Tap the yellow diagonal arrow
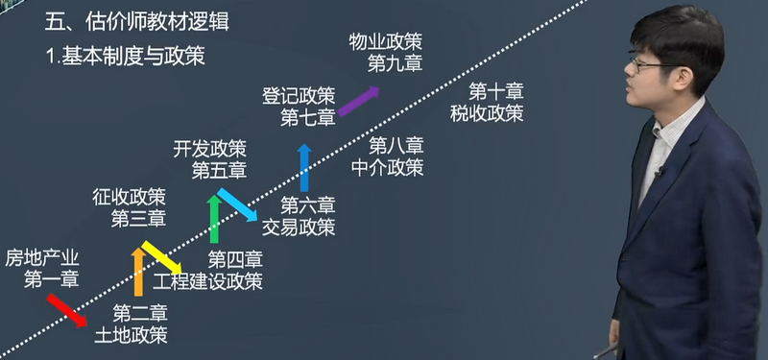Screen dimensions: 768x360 pyautogui.click(x=163, y=256)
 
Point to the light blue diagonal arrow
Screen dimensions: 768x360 pyautogui.click(x=237, y=204)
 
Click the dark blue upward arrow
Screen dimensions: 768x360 pyautogui.click(x=304, y=167)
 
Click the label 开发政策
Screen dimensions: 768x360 pyautogui.click(x=209, y=149)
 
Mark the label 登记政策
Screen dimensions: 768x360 pyautogui.click(x=299, y=96)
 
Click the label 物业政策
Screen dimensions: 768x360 pyautogui.click(x=386, y=42)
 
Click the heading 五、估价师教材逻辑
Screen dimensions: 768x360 pyautogui.click(x=130, y=20)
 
